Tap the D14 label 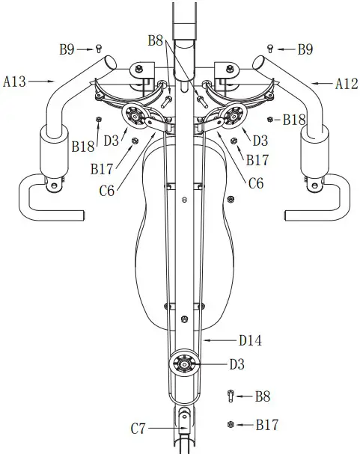(250, 340)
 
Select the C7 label (139, 429)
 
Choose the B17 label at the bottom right (266, 425)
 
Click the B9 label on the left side (67, 49)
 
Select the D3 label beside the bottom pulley (237, 364)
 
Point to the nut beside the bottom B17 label (230, 424)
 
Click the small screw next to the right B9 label (270, 49)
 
